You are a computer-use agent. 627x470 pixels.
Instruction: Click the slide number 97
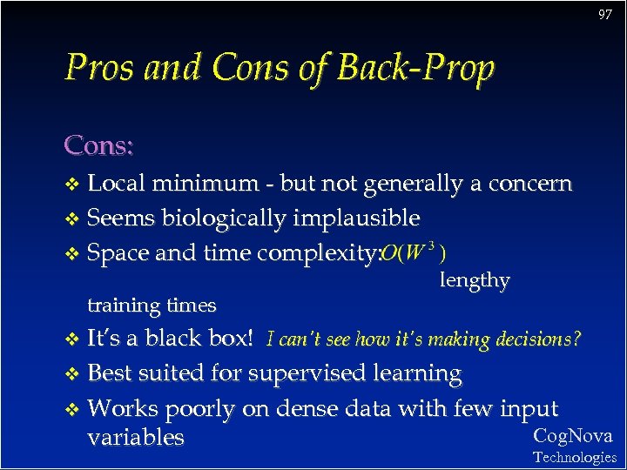coord(604,15)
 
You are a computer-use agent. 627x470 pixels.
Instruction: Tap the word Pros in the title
coord(99,68)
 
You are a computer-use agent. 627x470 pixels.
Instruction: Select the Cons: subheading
coord(98,145)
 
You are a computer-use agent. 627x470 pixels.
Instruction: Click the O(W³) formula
coord(415,252)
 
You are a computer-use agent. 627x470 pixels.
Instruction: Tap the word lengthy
coord(475,280)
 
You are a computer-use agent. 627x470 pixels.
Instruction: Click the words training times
coord(152,305)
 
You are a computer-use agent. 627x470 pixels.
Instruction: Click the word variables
coord(136,437)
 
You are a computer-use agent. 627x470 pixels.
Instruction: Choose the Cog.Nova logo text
coord(572,436)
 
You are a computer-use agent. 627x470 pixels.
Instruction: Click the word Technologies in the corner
coord(574,457)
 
